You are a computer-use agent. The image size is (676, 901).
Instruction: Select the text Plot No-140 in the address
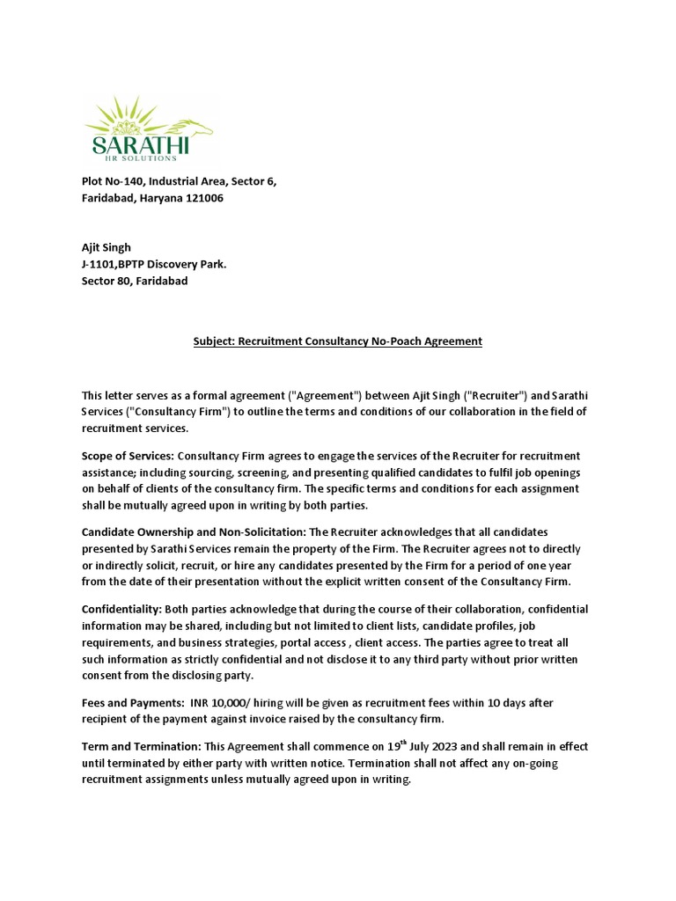point(113,181)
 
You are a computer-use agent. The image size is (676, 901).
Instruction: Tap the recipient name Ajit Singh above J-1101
point(106,247)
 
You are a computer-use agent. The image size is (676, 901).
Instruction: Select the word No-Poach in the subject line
point(399,341)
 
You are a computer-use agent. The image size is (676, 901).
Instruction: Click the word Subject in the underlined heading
point(214,341)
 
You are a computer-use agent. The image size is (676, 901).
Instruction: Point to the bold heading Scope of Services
point(128,456)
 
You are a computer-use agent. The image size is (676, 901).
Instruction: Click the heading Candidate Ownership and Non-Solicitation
point(193,532)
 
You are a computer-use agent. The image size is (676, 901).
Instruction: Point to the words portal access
point(326,642)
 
